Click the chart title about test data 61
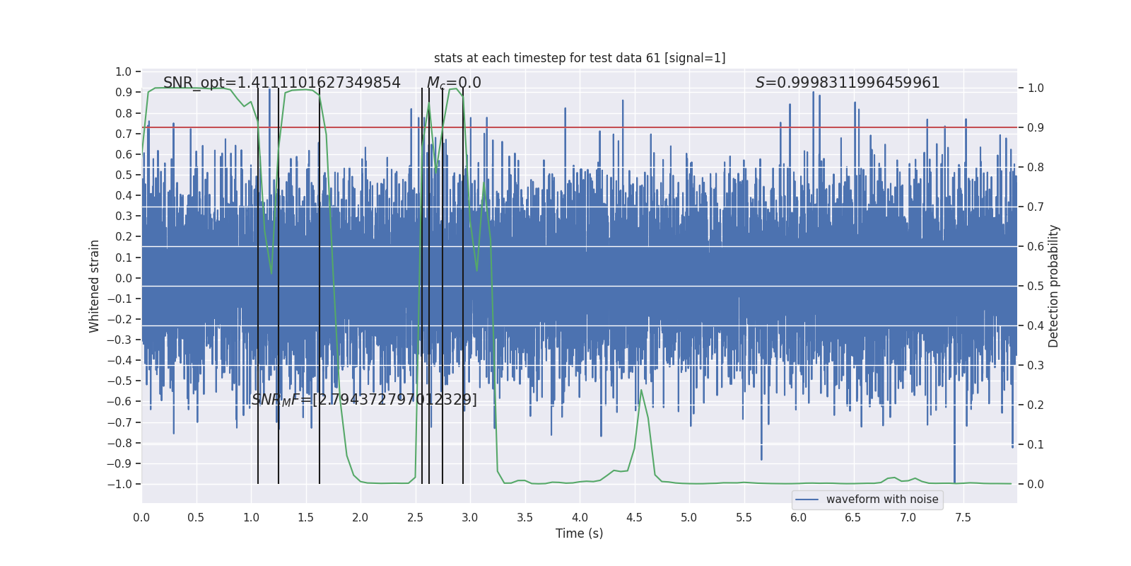580,58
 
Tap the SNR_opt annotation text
281,83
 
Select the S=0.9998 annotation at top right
848,83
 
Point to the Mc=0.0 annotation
454,83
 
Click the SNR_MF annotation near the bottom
364,400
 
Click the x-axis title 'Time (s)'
579,533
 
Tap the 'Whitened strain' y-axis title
95,286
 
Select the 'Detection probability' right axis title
1054,286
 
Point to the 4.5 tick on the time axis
634,517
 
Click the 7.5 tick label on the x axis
963,517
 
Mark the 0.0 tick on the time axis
141,517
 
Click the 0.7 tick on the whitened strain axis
124,134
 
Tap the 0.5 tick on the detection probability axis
1036,286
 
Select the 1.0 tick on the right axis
1036,88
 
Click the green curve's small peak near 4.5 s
641,390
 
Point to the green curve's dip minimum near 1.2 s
271,273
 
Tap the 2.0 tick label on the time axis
361,517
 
